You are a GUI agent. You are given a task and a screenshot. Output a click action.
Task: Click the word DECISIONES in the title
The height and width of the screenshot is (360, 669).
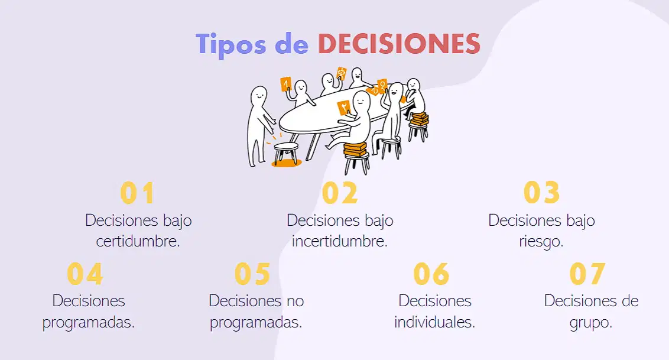pos(399,44)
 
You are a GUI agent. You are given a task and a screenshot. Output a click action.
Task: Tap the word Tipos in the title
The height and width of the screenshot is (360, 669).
pos(231,45)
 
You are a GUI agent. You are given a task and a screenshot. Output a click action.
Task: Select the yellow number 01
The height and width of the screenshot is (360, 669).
pos(137,193)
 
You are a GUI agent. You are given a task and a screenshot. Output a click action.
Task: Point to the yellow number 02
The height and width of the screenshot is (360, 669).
pos(340,193)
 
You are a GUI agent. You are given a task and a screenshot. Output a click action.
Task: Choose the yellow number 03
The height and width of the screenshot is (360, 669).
pos(541,193)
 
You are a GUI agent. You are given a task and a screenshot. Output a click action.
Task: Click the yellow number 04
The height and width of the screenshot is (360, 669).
pos(85,274)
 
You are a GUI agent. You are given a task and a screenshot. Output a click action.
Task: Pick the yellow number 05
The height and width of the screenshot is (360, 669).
pos(252,274)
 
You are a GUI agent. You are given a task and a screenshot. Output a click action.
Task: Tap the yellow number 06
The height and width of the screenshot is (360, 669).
pos(431,274)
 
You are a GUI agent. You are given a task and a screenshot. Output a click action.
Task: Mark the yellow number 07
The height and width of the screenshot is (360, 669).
pos(587,274)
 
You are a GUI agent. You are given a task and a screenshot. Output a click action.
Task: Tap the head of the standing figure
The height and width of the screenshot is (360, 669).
pos(258,96)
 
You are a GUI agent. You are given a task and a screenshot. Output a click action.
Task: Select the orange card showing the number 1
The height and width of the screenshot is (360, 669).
pos(285,84)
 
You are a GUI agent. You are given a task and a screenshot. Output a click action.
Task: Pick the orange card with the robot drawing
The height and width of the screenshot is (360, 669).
pos(342,73)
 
